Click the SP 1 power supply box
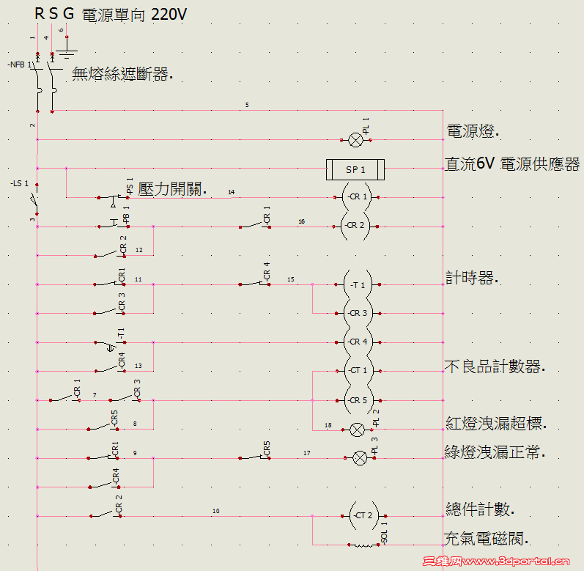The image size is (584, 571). (355, 170)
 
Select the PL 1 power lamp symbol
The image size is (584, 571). (356, 139)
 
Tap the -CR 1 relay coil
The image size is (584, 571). (356, 197)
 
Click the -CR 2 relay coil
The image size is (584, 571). (356, 226)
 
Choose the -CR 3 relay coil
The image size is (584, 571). (356, 313)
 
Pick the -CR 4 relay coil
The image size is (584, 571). (356, 342)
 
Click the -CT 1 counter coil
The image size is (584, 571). (356, 371)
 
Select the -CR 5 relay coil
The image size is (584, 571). (356, 400)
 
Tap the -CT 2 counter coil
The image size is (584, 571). (361, 516)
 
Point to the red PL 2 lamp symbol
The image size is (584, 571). (358, 430)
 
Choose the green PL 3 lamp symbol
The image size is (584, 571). (359, 458)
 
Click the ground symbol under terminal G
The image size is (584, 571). (67, 51)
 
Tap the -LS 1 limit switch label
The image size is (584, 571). (21, 183)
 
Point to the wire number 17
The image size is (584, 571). (307, 453)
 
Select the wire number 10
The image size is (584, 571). (215, 511)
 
